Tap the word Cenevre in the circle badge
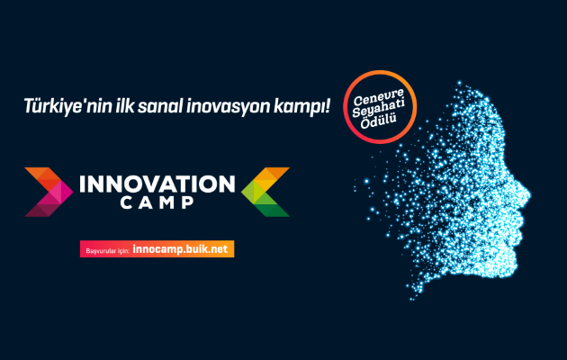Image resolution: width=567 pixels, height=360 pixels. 378,97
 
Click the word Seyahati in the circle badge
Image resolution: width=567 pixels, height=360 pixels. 379,107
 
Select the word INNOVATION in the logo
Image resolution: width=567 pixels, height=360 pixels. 157,184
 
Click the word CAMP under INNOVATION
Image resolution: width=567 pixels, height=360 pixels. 157,202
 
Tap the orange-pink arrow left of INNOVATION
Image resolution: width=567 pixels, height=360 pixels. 49,192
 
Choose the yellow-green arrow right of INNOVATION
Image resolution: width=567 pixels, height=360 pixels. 265,192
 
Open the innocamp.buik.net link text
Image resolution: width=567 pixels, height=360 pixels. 180,249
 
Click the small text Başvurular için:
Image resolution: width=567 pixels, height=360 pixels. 107,250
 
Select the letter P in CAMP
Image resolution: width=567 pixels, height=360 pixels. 188,202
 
